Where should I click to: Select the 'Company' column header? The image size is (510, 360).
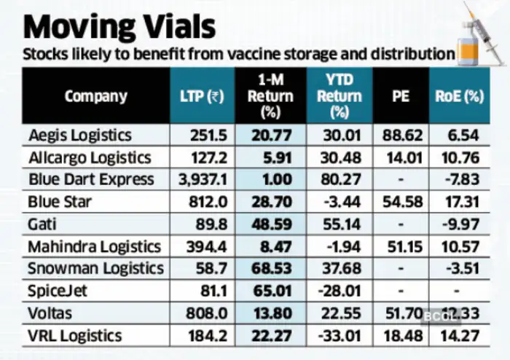coord(95,95)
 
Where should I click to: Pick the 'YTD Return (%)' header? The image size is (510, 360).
coord(339,95)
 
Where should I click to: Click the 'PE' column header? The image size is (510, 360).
coord(401,95)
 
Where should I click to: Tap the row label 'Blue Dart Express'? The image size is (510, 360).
coord(91,179)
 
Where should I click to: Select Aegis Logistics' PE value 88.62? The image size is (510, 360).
coord(401,135)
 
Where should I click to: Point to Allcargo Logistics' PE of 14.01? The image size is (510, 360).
coord(401,157)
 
